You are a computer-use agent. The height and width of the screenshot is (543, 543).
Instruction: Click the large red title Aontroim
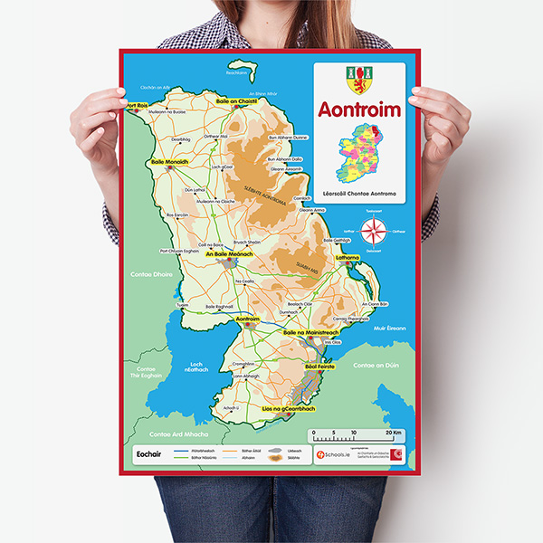tap(359, 109)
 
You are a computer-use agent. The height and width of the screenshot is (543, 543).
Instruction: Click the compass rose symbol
tap(372, 234)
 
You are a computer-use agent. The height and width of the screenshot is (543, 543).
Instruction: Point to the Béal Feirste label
tap(320, 367)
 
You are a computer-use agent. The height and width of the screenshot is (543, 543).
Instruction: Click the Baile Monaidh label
tap(169, 161)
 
